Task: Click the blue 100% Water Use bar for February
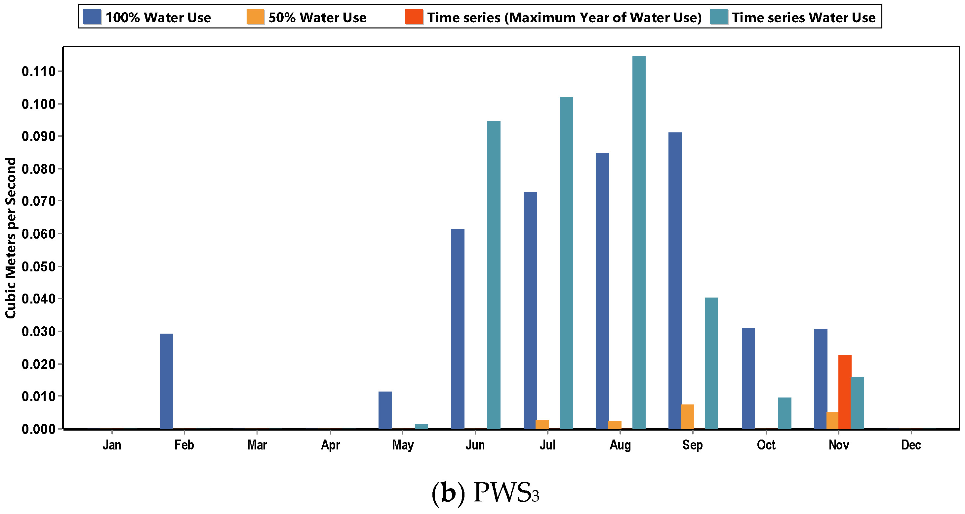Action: (166, 381)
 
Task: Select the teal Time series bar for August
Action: (639, 243)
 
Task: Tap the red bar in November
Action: (845, 392)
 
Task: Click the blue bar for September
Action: (675, 280)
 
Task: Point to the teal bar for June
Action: (494, 275)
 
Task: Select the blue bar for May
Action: (385, 410)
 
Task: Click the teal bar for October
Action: (785, 413)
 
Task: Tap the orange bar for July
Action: (542, 424)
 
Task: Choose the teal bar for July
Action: (566, 263)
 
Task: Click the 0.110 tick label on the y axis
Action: (39, 71)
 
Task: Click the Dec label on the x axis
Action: (911, 445)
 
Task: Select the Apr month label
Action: (330, 445)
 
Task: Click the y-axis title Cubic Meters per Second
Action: (11, 238)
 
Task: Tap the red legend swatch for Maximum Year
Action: (414, 17)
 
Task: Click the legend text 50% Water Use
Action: (317, 18)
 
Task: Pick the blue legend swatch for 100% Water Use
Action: (92, 17)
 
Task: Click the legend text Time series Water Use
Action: (804, 18)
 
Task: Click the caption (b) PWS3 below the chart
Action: (486, 492)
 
